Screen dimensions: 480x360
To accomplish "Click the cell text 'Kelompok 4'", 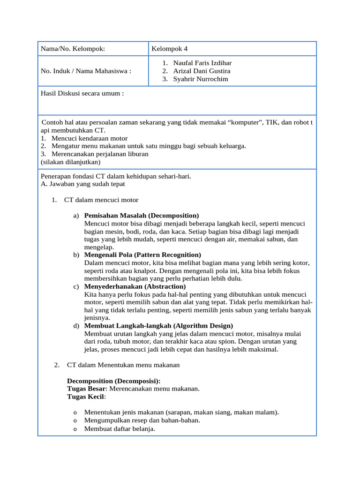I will pyautogui.click(x=169, y=49).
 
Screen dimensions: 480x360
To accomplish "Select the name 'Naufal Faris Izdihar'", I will pyautogui.click(x=202, y=63).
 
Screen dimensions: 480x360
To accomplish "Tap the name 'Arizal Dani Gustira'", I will pyautogui.click(x=202, y=71).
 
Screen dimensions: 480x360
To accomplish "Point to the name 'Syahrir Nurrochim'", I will pyautogui.click(x=201, y=79).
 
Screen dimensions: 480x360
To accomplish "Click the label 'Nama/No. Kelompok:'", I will pyautogui.click(x=73, y=49).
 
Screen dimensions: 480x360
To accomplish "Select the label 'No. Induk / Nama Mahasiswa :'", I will pyautogui.click(x=86, y=71).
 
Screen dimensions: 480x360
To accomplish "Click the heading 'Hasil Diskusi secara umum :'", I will pyautogui.click(x=82, y=93).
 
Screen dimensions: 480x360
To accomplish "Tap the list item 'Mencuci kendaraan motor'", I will pyautogui.click(x=90, y=138).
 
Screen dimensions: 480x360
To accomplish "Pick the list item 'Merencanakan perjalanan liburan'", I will pyautogui.click(x=100, y=154).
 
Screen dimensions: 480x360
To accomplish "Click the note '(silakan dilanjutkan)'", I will pyautogui.click(x=70, y=162).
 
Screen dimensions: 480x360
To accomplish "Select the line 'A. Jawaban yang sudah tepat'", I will pyautogui.click(x=82, y=184).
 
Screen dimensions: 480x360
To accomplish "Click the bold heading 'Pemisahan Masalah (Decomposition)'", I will pyautogui.click(x=142, y=215).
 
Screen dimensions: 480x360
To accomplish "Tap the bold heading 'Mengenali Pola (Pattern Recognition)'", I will pyautogui.click(x=142, y=255).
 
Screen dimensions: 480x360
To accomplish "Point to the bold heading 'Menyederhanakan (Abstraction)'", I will pyautogui.click(x=135, y=286).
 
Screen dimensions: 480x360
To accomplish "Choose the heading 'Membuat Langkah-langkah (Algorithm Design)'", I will pyautogui.click(x=158, y=325).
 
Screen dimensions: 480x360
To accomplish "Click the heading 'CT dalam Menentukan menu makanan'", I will pyautogui.click(x=123, y=365).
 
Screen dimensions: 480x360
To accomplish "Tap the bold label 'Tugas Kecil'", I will pyautogui.click(x=86, y=397).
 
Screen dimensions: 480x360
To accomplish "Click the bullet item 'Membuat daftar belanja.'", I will pyautogui.click(x=120, y=428).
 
